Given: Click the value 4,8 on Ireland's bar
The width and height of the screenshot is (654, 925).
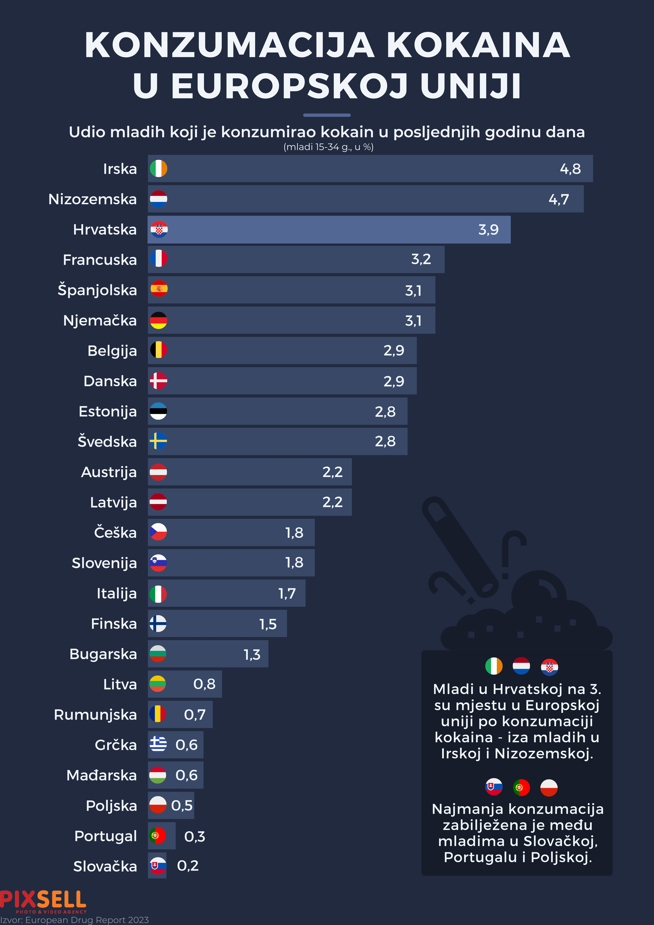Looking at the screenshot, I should point(570,169).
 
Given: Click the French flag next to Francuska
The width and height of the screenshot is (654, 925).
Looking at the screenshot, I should point(158,259).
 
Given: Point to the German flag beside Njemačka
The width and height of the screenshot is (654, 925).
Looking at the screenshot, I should point(158,321).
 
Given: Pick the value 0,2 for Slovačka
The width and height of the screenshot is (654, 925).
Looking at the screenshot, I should point(188,866).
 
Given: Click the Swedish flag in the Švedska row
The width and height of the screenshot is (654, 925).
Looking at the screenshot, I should point(158,441).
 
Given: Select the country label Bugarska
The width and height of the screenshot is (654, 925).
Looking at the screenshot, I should point(103,654).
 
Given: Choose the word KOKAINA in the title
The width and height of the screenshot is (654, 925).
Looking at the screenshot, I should point(478,45).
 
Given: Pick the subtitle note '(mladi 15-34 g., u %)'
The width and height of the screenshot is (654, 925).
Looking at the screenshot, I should point(328,147).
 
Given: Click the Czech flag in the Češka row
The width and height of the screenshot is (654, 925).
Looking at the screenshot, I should point(158,532).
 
